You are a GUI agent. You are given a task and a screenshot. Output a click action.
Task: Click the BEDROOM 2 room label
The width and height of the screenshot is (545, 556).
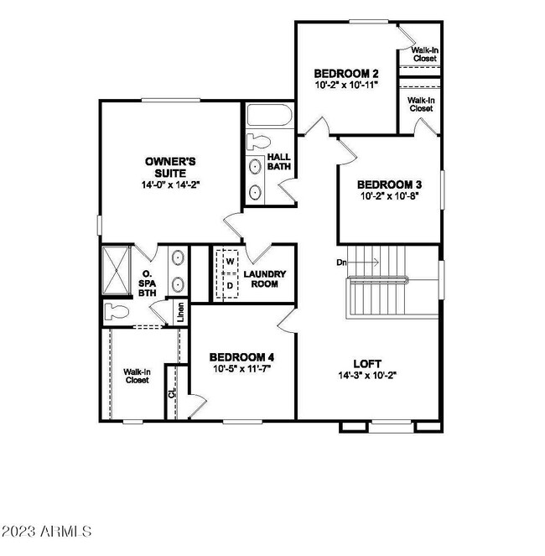coord(345,72)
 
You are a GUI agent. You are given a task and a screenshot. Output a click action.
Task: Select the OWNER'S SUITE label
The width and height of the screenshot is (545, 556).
coord(170,166)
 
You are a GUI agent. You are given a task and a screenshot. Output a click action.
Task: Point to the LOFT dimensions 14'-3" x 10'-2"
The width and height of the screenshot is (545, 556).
coord(367,376)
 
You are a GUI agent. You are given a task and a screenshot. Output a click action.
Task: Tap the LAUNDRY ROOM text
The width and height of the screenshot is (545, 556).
coord(265,278)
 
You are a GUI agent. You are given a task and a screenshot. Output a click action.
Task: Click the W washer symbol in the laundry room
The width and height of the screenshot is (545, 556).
coord(227,262)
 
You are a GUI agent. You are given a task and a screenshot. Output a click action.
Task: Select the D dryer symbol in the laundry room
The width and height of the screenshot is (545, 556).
coord(227,285)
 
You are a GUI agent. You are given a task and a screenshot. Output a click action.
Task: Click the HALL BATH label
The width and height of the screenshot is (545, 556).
coord(278,162)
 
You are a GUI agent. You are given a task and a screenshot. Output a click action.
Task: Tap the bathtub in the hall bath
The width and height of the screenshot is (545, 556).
coord(268,117)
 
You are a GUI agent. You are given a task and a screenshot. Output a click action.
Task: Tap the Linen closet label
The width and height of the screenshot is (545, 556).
coord(180,312)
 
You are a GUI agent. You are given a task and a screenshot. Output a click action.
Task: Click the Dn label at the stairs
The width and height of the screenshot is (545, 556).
coord(341,262)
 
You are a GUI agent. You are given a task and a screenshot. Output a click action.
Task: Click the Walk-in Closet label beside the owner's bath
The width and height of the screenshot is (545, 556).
coord(137,376)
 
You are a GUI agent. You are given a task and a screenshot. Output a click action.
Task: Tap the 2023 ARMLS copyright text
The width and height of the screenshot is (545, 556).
coord(48,532)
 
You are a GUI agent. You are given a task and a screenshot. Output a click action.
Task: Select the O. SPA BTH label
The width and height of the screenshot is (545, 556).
coord(148,283)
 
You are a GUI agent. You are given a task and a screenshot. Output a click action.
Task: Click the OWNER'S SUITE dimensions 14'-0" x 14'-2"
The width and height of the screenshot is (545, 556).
coord(170,183)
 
